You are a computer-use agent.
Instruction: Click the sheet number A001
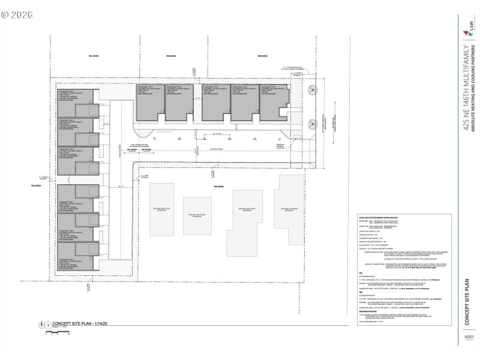[469, 337]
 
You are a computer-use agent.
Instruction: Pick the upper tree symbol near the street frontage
[313, 90]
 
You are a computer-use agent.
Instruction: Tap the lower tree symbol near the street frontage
[313, 124]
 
